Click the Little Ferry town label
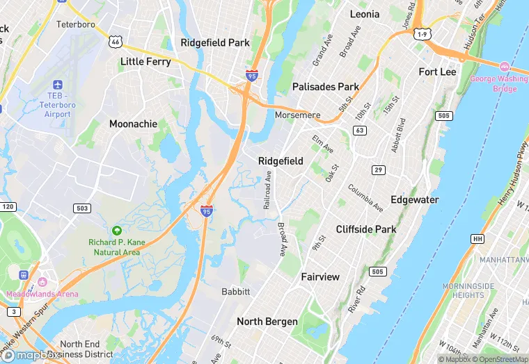pos(145,61)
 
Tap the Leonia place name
pos(365,14)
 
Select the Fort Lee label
pos(437,72)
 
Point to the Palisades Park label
pos(326,87)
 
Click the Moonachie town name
pos(133,124)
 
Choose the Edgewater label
pos(414,199)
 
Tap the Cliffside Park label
pos(365,229)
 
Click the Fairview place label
pos(320,276)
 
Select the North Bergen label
pos(267,321)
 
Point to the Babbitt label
pos(235,291)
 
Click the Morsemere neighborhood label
pos(297,115)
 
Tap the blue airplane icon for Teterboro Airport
pos(57,84)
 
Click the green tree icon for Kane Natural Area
pos(116,230)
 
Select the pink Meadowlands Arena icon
pos(42,282)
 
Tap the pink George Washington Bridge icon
pos(505,67)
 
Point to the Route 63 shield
pos(360,130)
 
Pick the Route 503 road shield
pos(82,208)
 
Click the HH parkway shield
pos(477,238)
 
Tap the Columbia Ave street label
pos(365,198)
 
